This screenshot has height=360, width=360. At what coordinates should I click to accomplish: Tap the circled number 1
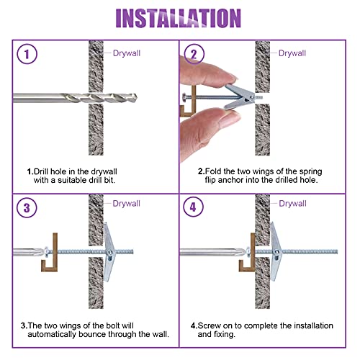pyautogui.click(x=27, y=55)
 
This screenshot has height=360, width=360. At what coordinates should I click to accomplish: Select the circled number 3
pyautogui.click(x=27, y=209)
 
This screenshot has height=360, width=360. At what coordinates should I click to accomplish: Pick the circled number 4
pyautogui.click(x=192, y=209)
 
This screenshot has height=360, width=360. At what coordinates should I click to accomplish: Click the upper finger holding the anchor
pyautogui.click(x=205, y=72)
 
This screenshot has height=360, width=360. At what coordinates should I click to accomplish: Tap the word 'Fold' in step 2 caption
pyautogui.click(x=212, y=172)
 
